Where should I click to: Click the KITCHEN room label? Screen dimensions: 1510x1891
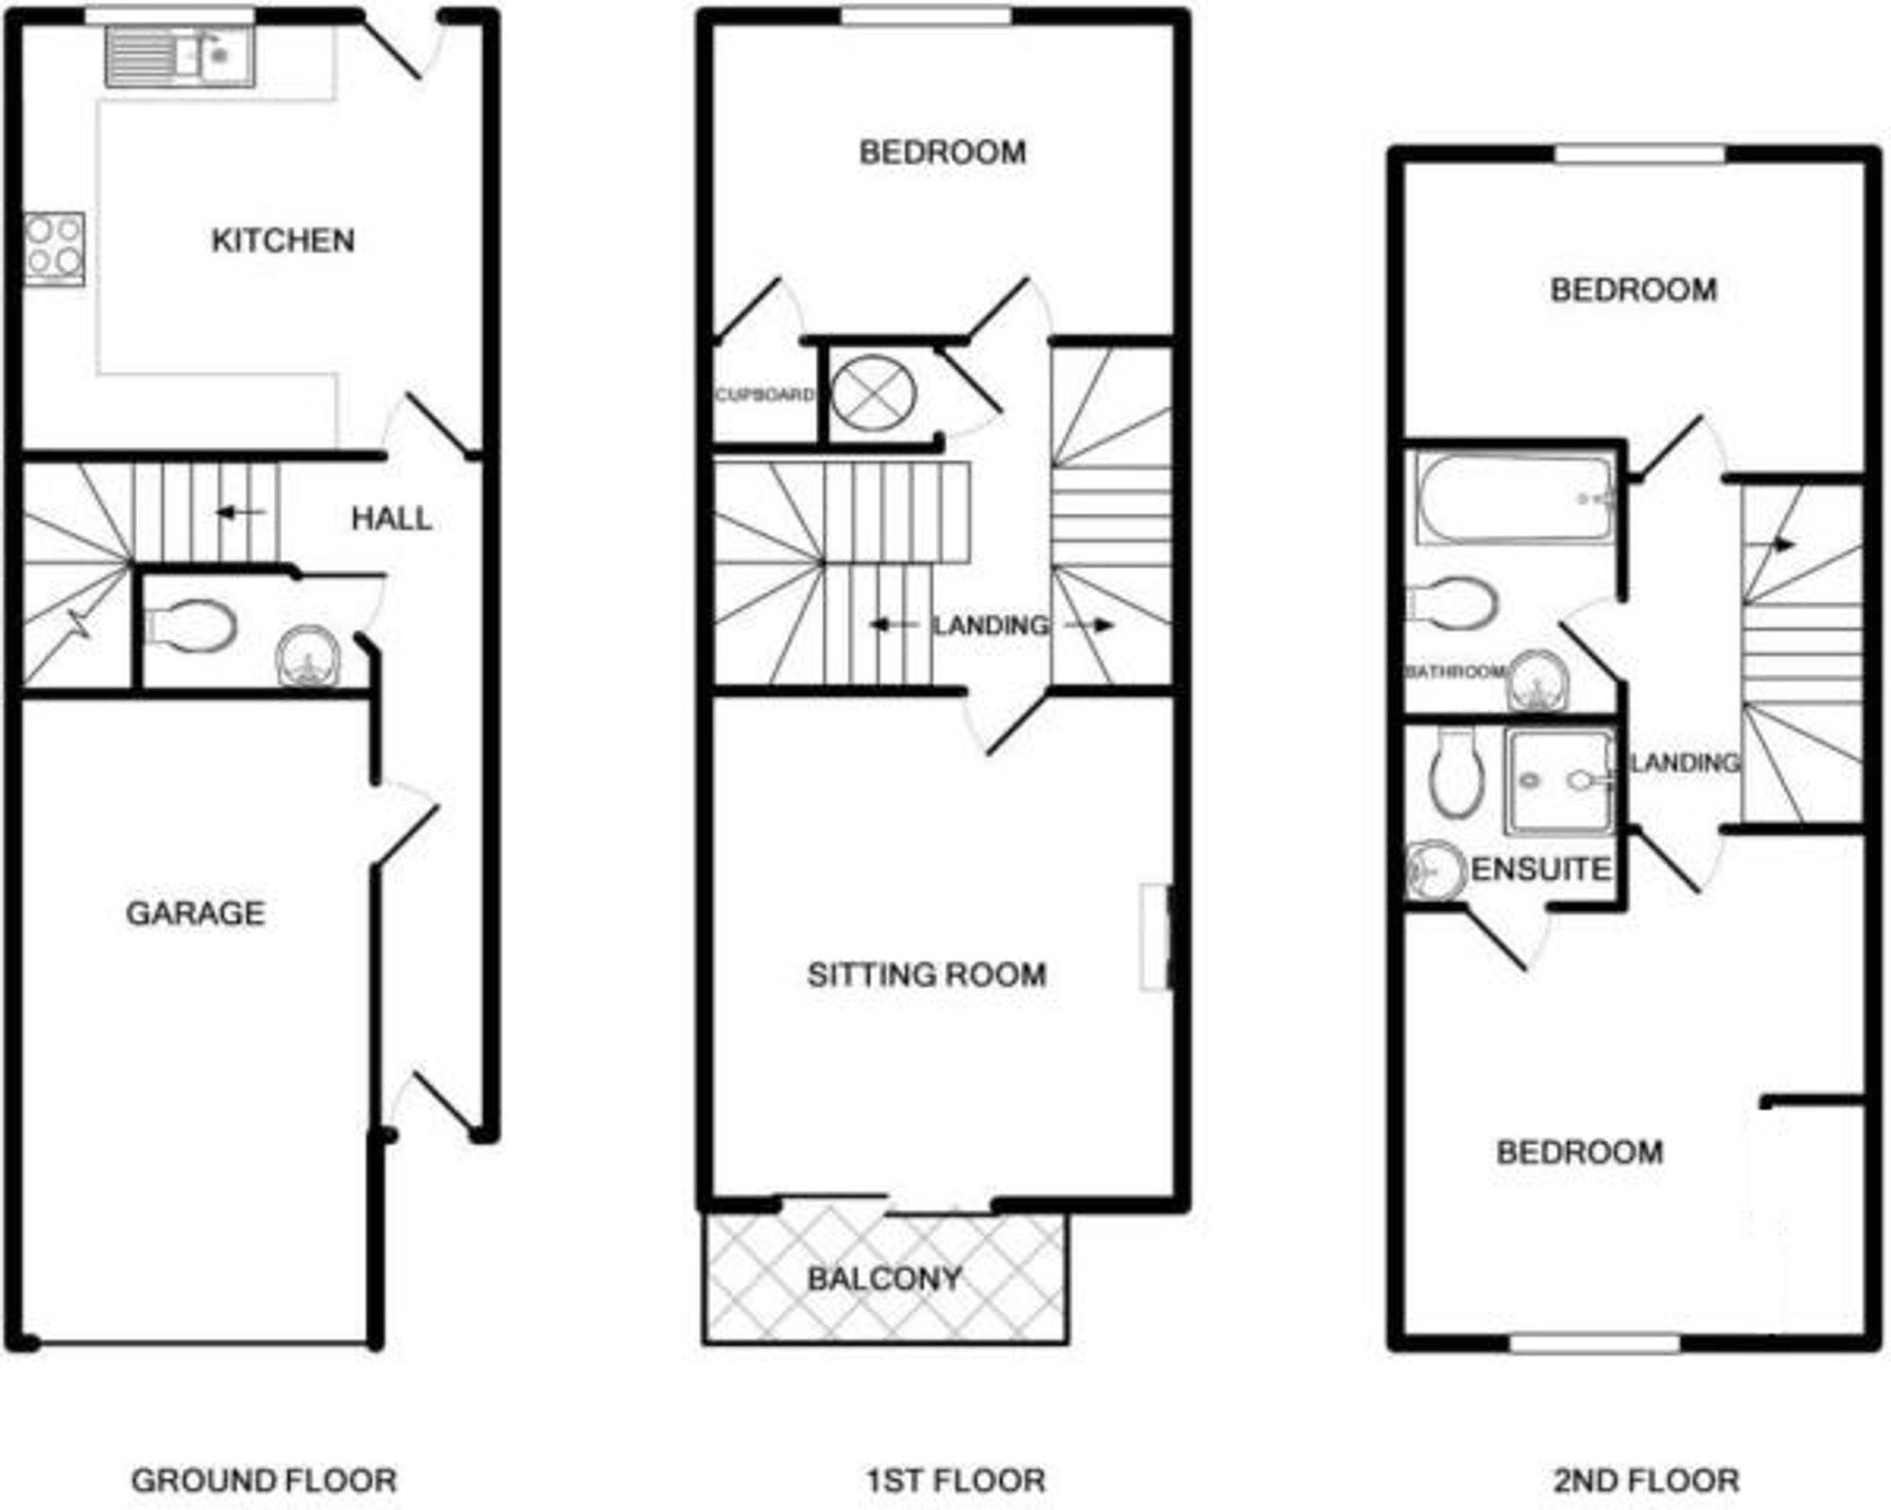click(x=283, y=240)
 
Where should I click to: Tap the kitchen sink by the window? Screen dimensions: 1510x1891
click(x=180, y=57)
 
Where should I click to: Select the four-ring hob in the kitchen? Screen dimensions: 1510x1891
click(x=54, y=248)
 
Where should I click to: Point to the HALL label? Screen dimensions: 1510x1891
click(x=391, y=518)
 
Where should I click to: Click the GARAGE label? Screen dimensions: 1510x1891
click(x=196, y=912)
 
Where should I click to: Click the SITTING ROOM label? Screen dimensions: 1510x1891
click(x=927, y=975)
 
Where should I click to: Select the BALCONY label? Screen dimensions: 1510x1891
click(x=884, y=1279)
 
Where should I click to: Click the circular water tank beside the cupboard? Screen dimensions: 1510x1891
click(x=873, y=392)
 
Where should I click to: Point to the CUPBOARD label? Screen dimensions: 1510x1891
click(x=764, y=394)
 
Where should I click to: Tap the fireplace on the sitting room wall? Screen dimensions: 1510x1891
click(x=1157, y=937)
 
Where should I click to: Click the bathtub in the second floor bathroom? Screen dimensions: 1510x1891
click(x=1514, y=499)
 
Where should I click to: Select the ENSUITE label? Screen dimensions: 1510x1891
click(x=1541, y=869)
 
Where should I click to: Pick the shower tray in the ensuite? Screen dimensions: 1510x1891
click(x=1559, y=781)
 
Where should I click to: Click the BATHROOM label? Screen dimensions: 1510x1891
click(x=1455, y=671)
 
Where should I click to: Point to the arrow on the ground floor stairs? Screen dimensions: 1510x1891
click(x=240, y=512)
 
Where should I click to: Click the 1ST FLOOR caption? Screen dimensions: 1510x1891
click(x=956, y=1480)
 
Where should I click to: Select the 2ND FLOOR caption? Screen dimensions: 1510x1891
click(x=1646, y=1480)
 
